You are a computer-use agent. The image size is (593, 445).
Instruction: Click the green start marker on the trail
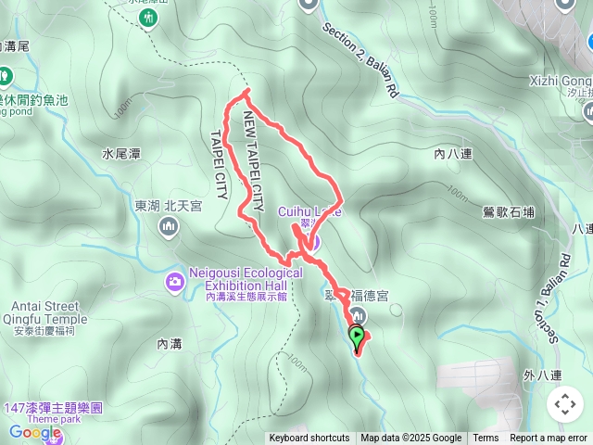pos(357,335)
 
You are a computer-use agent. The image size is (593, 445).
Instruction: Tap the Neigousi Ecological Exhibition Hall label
pos(246,279)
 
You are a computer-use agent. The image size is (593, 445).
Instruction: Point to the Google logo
pos(35,432)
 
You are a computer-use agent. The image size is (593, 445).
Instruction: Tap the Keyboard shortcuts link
pos(309,439)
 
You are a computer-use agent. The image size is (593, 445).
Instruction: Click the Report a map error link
pos(549,439)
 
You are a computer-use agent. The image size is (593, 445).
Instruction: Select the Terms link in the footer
pos(486,439)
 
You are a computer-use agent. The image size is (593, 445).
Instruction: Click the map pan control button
pos(564,404)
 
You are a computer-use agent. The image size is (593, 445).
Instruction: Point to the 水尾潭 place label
pos(121,154)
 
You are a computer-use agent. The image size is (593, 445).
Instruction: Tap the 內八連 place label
pos(452,157)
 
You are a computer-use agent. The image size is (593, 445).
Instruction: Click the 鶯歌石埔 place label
pos(509,212)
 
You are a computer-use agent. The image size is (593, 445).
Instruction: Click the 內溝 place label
pos(170,344)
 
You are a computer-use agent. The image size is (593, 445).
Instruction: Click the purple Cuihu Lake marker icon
pos(312,244)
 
